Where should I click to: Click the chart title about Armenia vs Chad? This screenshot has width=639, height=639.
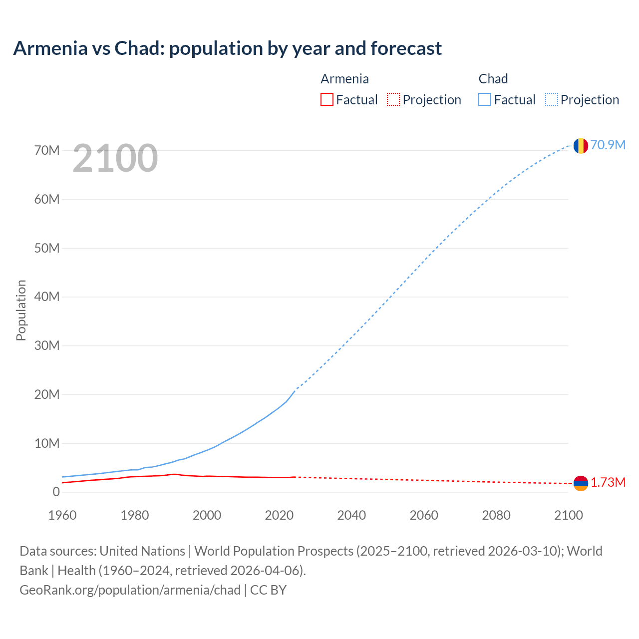pos(228,48)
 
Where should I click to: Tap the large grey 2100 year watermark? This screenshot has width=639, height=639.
pos(115,158)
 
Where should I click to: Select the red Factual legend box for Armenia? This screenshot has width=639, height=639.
pos(326,99)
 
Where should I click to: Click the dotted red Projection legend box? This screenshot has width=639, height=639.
pos(393,99)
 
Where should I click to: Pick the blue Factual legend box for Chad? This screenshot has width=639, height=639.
pos(485,99)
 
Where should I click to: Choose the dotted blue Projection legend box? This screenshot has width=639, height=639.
pos(552,99)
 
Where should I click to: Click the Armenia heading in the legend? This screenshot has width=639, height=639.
pos(344,79)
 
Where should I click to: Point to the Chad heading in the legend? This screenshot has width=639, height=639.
pos(493,79)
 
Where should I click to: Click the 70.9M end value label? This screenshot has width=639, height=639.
pos(608,145)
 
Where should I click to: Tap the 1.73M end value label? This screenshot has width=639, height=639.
pos(608,482)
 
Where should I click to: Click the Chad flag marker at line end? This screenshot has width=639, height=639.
pos(581,146)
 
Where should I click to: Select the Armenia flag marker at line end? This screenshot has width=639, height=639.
pos(581,483)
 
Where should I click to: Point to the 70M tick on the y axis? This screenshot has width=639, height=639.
pos(47,150)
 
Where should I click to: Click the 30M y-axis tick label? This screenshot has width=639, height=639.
pos(47,345)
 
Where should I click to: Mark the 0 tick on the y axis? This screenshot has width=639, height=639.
pos(56,492)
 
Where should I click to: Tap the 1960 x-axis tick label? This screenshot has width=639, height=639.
pos(62,515)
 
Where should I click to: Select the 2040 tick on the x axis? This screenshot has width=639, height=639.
pos(351,515)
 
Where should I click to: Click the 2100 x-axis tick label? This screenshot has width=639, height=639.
pos(568,515)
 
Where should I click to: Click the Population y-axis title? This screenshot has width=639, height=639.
pos(21,310)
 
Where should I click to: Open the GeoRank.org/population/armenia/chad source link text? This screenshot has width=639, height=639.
pos(130,590)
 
